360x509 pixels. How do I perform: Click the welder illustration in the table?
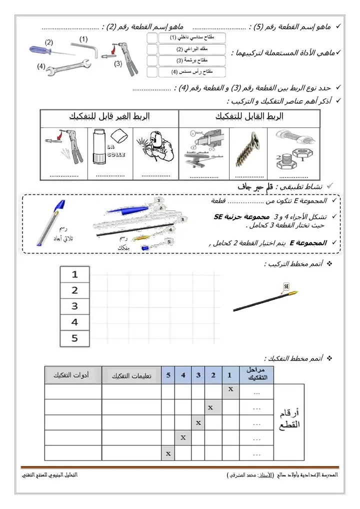(x=155, y=147)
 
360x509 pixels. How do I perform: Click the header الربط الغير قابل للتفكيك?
(x=109, y=116)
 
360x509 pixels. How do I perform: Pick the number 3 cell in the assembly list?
(x=75, y=306)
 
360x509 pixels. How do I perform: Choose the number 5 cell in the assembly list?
(x=75, y=338)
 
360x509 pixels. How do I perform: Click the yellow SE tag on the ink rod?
(x=287, y=286)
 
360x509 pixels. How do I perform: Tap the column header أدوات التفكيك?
(x=73, y=375)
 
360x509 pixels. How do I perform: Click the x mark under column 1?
(x=230, y=388)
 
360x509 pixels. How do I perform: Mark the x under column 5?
(x=168, y=453)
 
